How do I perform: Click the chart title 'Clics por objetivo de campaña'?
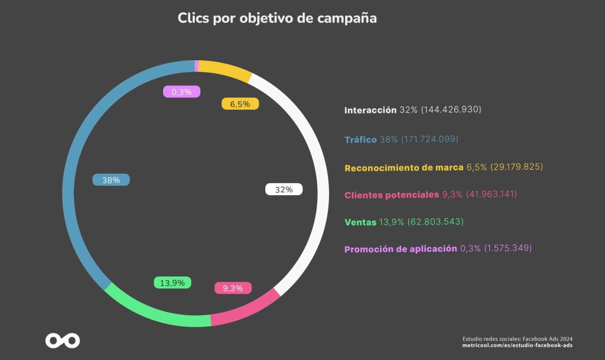277,18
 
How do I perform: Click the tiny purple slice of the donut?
196,66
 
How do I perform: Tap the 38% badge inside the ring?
111,180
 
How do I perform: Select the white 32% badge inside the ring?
284,189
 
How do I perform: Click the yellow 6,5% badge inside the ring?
240,104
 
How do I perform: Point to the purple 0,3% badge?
182,92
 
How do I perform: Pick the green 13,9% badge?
173,283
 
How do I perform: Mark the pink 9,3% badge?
233,288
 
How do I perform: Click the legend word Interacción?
370,111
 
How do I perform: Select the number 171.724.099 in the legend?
430,139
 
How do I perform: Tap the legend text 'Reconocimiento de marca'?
404,168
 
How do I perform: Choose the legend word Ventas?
360,222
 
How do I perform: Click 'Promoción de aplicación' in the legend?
401,249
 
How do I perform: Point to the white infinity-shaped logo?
63,340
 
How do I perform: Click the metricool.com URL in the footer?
518,345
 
